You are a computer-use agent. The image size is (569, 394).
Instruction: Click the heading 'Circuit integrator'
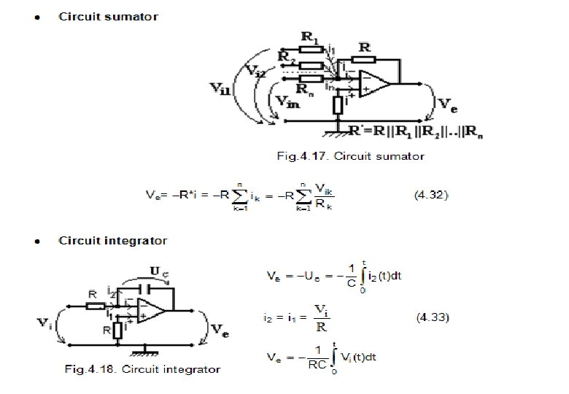pos(112,241)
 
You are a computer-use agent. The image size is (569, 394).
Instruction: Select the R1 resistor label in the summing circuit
pos(310,37)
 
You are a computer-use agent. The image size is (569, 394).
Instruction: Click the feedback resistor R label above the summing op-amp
pos(364,47)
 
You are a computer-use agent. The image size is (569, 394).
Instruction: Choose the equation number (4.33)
pos(433,317)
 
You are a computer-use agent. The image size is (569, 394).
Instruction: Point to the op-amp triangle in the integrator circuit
pos(147,309)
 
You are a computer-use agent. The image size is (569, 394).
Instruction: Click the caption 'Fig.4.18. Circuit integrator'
pos(143,369)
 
